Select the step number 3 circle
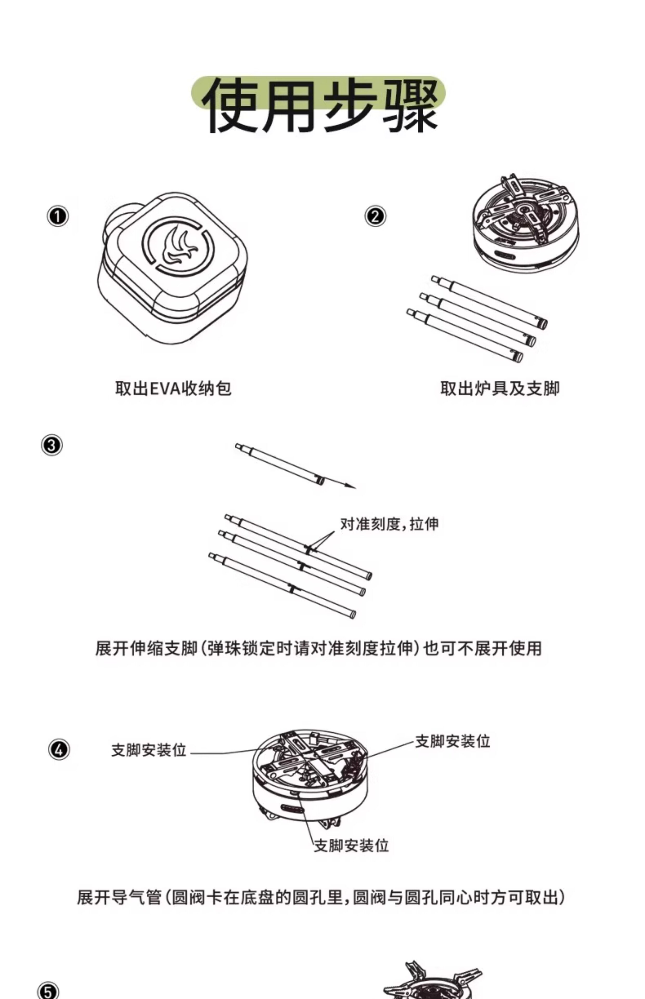[51, 445]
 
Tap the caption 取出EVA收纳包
[173, 388]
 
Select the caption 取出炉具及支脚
[500, 388]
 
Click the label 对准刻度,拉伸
[389, 524]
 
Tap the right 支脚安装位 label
[452, 741]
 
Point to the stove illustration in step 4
[310, 775]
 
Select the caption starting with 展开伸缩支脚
[318, 648]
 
